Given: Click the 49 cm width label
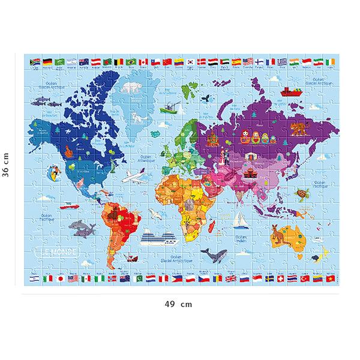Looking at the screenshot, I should [179, 304].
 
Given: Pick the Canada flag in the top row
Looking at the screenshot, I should [143, 61].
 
